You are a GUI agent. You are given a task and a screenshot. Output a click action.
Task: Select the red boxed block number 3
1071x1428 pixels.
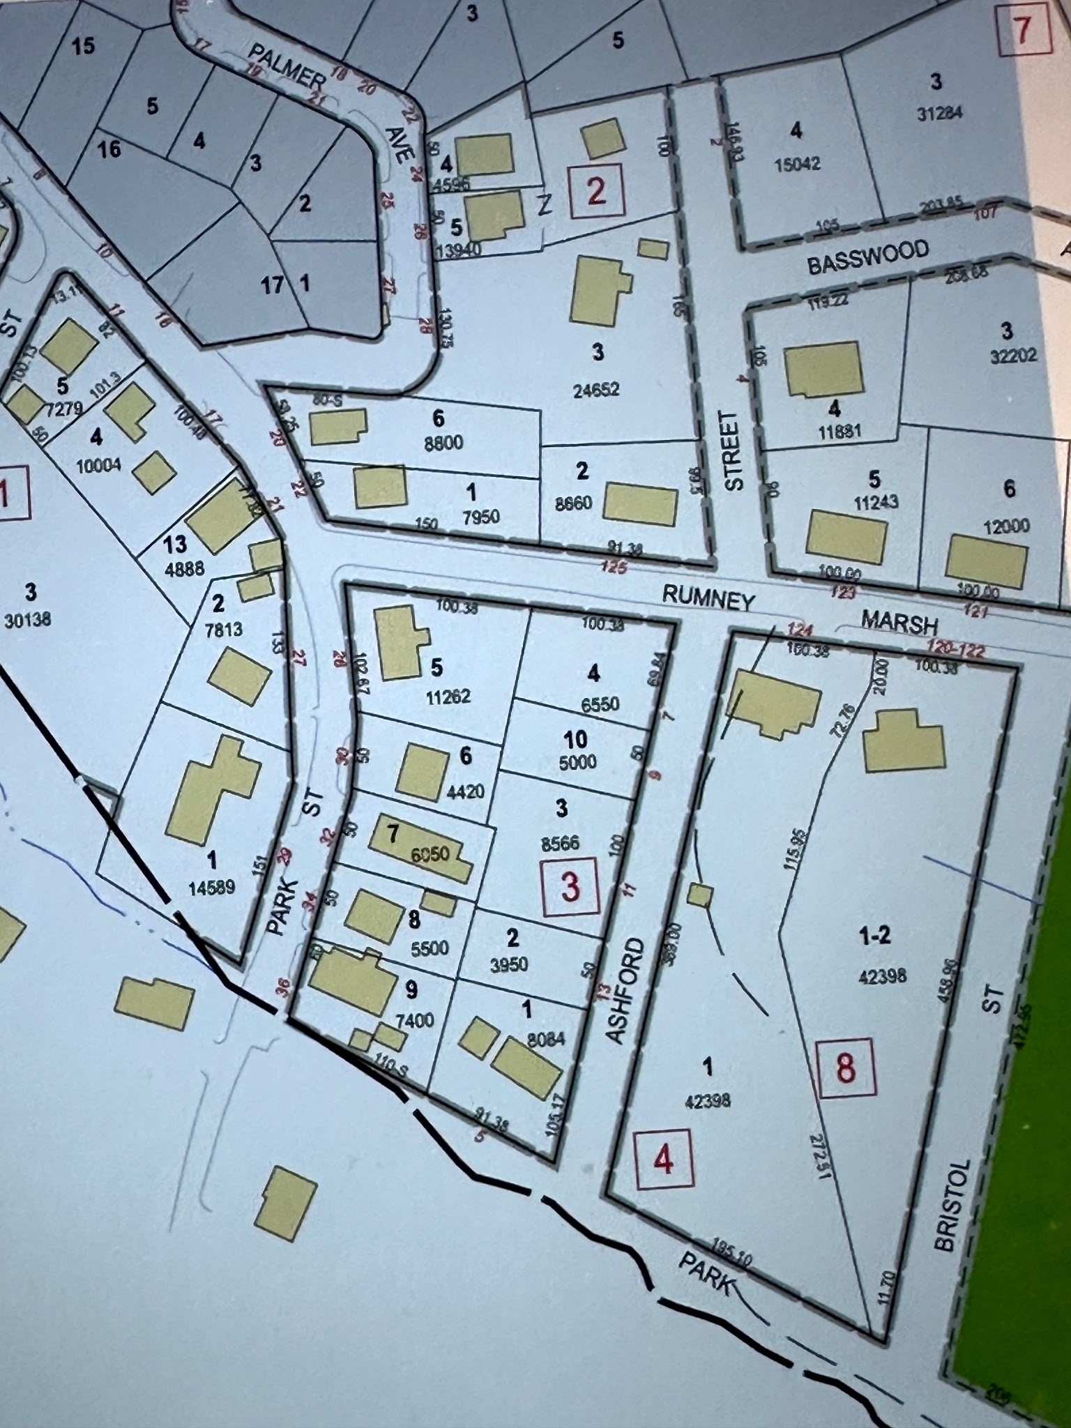(570, 887)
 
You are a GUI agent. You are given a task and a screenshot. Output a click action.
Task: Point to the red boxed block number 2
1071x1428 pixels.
(596, 191)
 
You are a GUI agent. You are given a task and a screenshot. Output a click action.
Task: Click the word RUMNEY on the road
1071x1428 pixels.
(708, 598)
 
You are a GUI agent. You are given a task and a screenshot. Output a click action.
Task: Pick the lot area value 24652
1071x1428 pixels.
(597, 389)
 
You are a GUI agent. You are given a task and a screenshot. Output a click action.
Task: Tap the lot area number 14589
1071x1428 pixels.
(211, 888)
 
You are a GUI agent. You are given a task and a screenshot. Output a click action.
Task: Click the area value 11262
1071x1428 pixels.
(448, 696)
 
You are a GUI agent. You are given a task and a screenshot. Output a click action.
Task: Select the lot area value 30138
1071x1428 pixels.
(28, 618)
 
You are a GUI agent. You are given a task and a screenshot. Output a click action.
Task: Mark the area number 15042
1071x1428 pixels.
(797, 164)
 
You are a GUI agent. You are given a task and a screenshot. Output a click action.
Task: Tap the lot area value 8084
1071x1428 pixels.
(546, 1040)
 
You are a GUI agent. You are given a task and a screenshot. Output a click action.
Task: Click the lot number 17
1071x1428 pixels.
(272, 284)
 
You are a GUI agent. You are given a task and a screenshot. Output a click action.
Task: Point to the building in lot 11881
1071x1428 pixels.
(823, 370)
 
